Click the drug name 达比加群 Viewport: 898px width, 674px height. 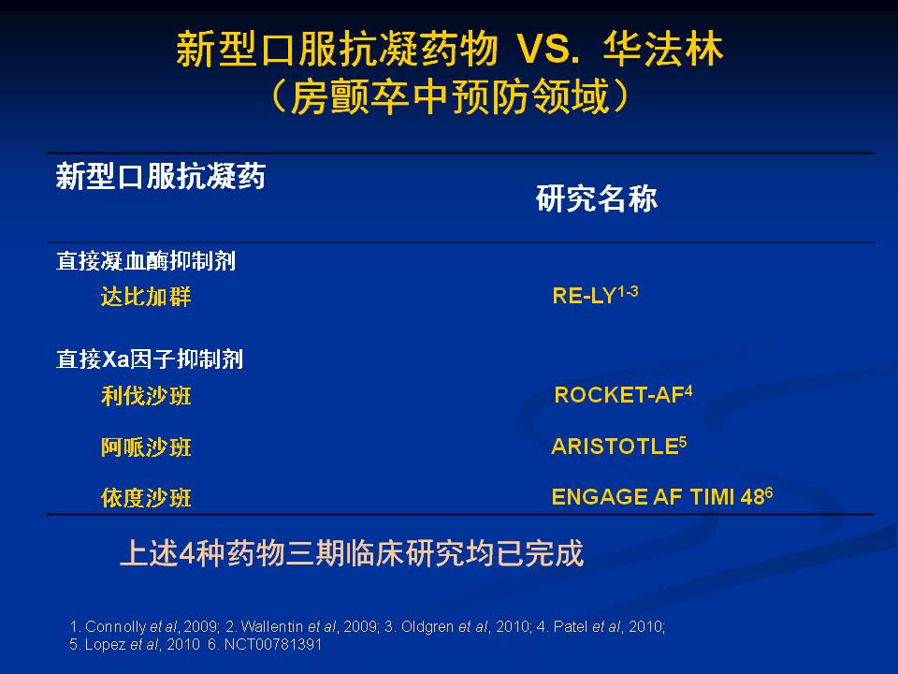(146, 297)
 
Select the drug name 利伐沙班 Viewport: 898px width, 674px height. (146, 395)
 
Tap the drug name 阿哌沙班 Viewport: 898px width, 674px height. (146, 447)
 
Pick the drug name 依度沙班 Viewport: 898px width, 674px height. (146, 497)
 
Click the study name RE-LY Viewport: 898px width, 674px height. (584, 297)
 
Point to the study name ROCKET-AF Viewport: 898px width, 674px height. (619, 395)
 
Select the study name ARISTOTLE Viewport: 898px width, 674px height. (616, 447)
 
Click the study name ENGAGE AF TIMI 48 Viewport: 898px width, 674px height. (658, 497)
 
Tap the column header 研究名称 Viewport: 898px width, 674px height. (597, 198)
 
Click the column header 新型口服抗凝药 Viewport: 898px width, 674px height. (160, 175)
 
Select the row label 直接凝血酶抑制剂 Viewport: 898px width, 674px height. (146, 261)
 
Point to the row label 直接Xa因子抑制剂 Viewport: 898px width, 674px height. (150, 359)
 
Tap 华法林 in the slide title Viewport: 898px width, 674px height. (663, 50)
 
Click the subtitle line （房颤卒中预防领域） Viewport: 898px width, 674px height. (450, 96)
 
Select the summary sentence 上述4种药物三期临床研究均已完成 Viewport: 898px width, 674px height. (352, 553)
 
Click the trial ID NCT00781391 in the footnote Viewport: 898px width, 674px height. (272, 644)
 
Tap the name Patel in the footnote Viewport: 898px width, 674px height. (571, 626)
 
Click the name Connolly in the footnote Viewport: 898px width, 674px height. (115, 627)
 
